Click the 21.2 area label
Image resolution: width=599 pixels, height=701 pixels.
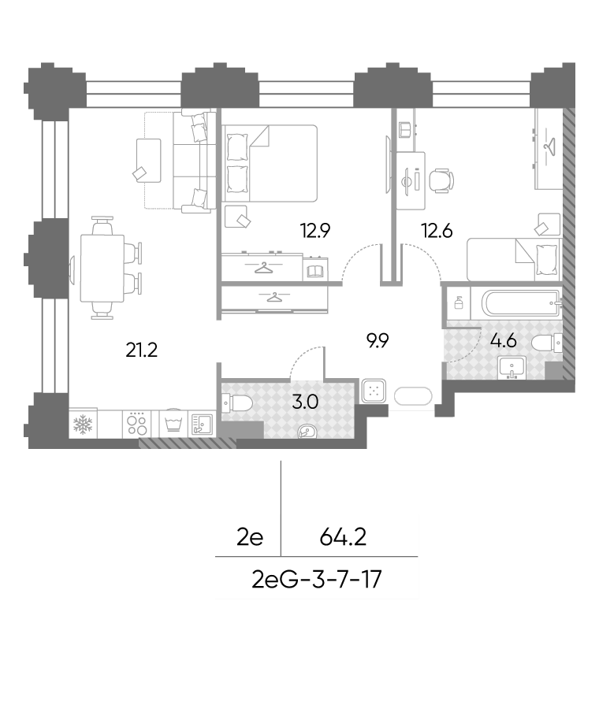[x=141, y=350]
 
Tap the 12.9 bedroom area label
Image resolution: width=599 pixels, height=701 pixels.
[x=315, y=231]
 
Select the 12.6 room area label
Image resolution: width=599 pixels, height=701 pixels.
[x=437, y=231]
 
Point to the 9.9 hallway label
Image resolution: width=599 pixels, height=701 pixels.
[x=377, y=341]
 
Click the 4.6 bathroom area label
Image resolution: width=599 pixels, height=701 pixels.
[x=504, y=341]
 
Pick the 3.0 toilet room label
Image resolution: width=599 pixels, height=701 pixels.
[x=305, y=402]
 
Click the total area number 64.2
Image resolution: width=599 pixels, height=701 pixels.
[x=343, y=537]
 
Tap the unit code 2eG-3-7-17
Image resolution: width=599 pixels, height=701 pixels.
[x=317, y=580]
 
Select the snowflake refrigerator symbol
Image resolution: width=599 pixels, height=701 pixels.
[x=83, y=424]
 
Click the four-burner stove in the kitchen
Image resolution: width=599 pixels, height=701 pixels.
[x=137, y=424]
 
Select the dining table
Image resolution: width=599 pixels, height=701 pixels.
[x=102, y=269]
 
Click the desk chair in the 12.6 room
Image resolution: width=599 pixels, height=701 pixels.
[x=441, y=180]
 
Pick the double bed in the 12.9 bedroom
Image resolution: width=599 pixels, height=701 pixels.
[x=270, y=163]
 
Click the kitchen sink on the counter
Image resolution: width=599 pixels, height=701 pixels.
[x=203, y=425]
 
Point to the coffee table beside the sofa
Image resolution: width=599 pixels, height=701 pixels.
[x=148, y=161]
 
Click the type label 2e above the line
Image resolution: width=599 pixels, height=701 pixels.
[x=250, y=538]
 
